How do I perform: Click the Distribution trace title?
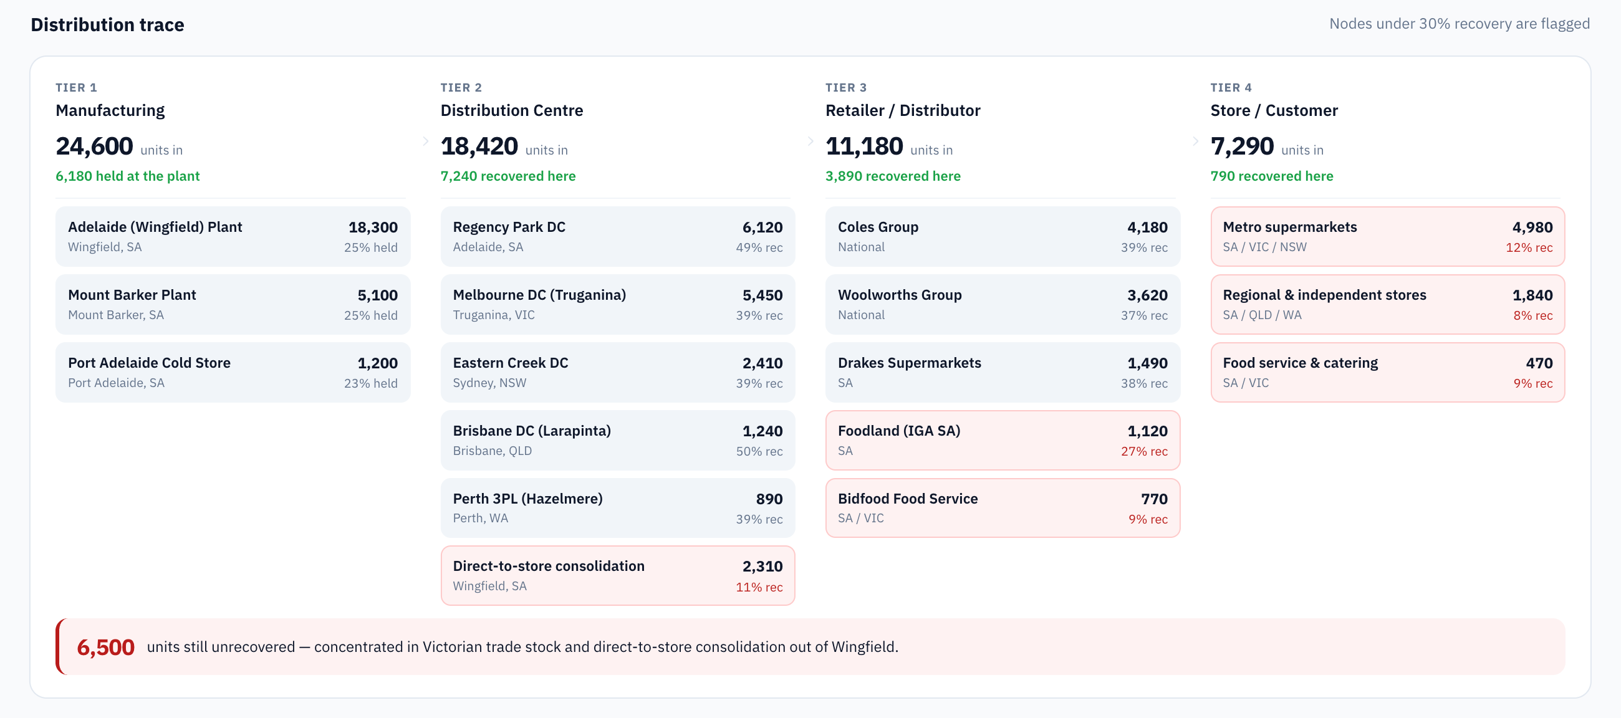coord(108,24)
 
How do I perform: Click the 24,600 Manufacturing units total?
coord(94,146)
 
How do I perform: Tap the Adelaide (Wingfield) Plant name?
coord(155,227)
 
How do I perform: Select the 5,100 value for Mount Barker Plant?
coord(378,295)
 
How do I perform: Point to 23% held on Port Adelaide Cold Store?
coord(370,383)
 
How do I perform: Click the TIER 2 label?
coord(461,87)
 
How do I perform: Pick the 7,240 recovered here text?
coord(508,176)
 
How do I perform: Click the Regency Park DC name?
coord(509,227)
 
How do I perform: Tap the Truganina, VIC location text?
coord(494,315)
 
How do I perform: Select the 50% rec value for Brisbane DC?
coord(759,451)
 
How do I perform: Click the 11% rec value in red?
coord(759,587)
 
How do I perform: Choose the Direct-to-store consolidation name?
coord(549,567)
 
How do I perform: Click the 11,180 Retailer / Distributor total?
coord(864,146)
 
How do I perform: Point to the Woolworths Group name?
coord(900,295)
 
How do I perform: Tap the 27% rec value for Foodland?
coord(1144,451)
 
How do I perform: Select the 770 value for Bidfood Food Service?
coord(1154,499)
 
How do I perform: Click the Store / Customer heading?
coord(1274,111)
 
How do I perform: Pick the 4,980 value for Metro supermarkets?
coord(1532,227)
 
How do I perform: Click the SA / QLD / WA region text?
coord(1263,315)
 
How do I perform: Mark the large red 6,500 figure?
coord(106,648)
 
